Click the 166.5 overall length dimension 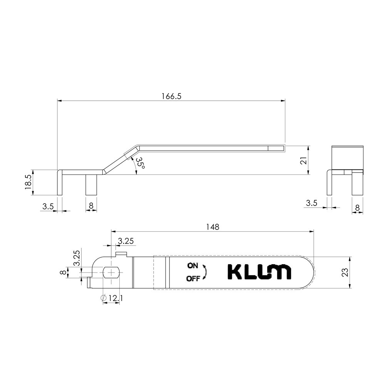coord(171,96)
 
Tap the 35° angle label coord(141,162)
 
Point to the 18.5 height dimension coord(28,182)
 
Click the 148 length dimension coord(213,227)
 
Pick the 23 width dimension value coord(345,272)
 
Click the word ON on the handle coord(193,266)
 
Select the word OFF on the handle coord(193,279)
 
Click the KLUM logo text coord(259,272)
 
